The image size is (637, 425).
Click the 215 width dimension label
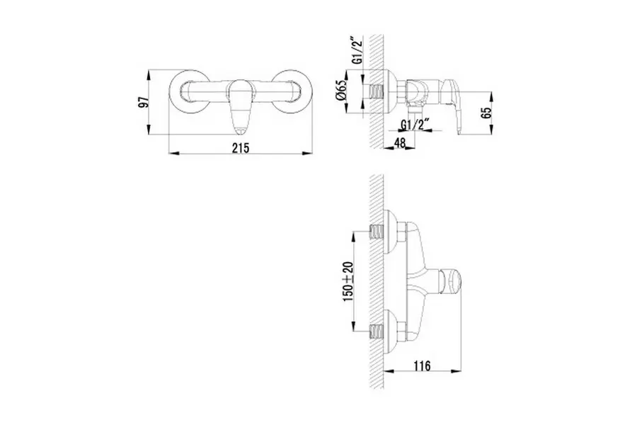point(241,147)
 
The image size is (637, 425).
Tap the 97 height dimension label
point(144,102)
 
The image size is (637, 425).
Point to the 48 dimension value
point(400,143)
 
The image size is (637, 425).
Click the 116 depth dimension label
point(423,365)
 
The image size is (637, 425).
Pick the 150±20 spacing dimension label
point(348,281)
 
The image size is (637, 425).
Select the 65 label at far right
point(486,113)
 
